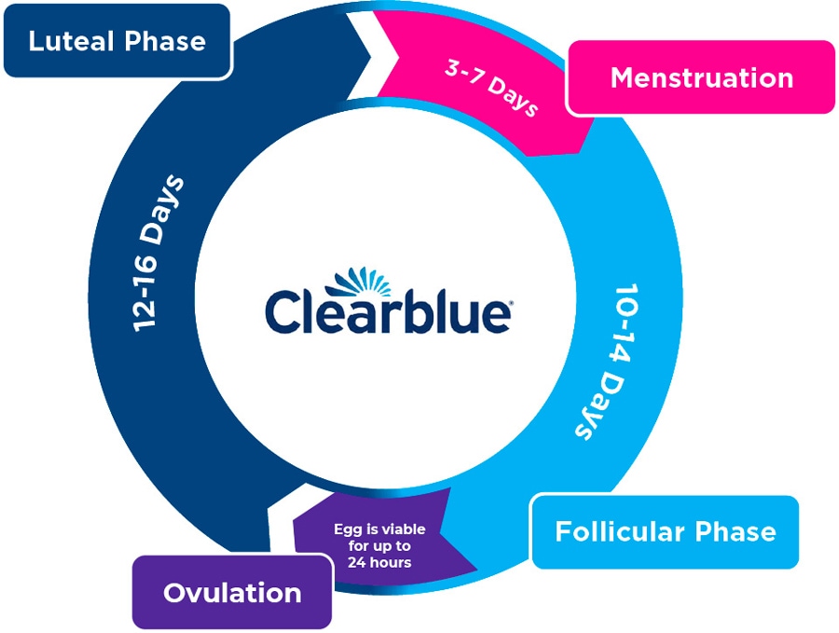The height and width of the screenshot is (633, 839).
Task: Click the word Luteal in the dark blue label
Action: click(x=72, y=41)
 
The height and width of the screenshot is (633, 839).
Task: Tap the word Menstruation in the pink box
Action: click(x=701, y=77)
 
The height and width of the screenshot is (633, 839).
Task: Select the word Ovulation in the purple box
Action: click(x=232, y=593)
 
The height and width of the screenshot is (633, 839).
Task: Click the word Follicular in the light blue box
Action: click(x=620, y=531)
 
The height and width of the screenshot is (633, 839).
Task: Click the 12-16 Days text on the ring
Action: click(x=158, y=253)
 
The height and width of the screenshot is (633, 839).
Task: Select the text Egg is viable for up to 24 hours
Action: click(x=379, y=545)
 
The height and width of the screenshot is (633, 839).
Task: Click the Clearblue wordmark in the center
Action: click(x=389, y=311)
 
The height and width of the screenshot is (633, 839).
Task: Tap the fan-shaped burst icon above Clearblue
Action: click(x=359, y=282)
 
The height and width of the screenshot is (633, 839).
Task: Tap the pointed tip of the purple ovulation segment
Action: click(x=476, y=570)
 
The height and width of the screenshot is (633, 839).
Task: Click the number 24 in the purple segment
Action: click(x=356, y=562)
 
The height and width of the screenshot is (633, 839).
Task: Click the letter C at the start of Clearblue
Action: click(x=282, y=312)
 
